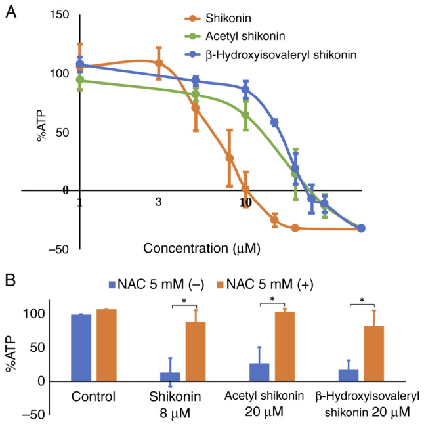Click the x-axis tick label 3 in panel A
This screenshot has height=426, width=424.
[x=158, y=203]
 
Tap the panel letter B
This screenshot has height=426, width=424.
[x=11, y=278]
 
